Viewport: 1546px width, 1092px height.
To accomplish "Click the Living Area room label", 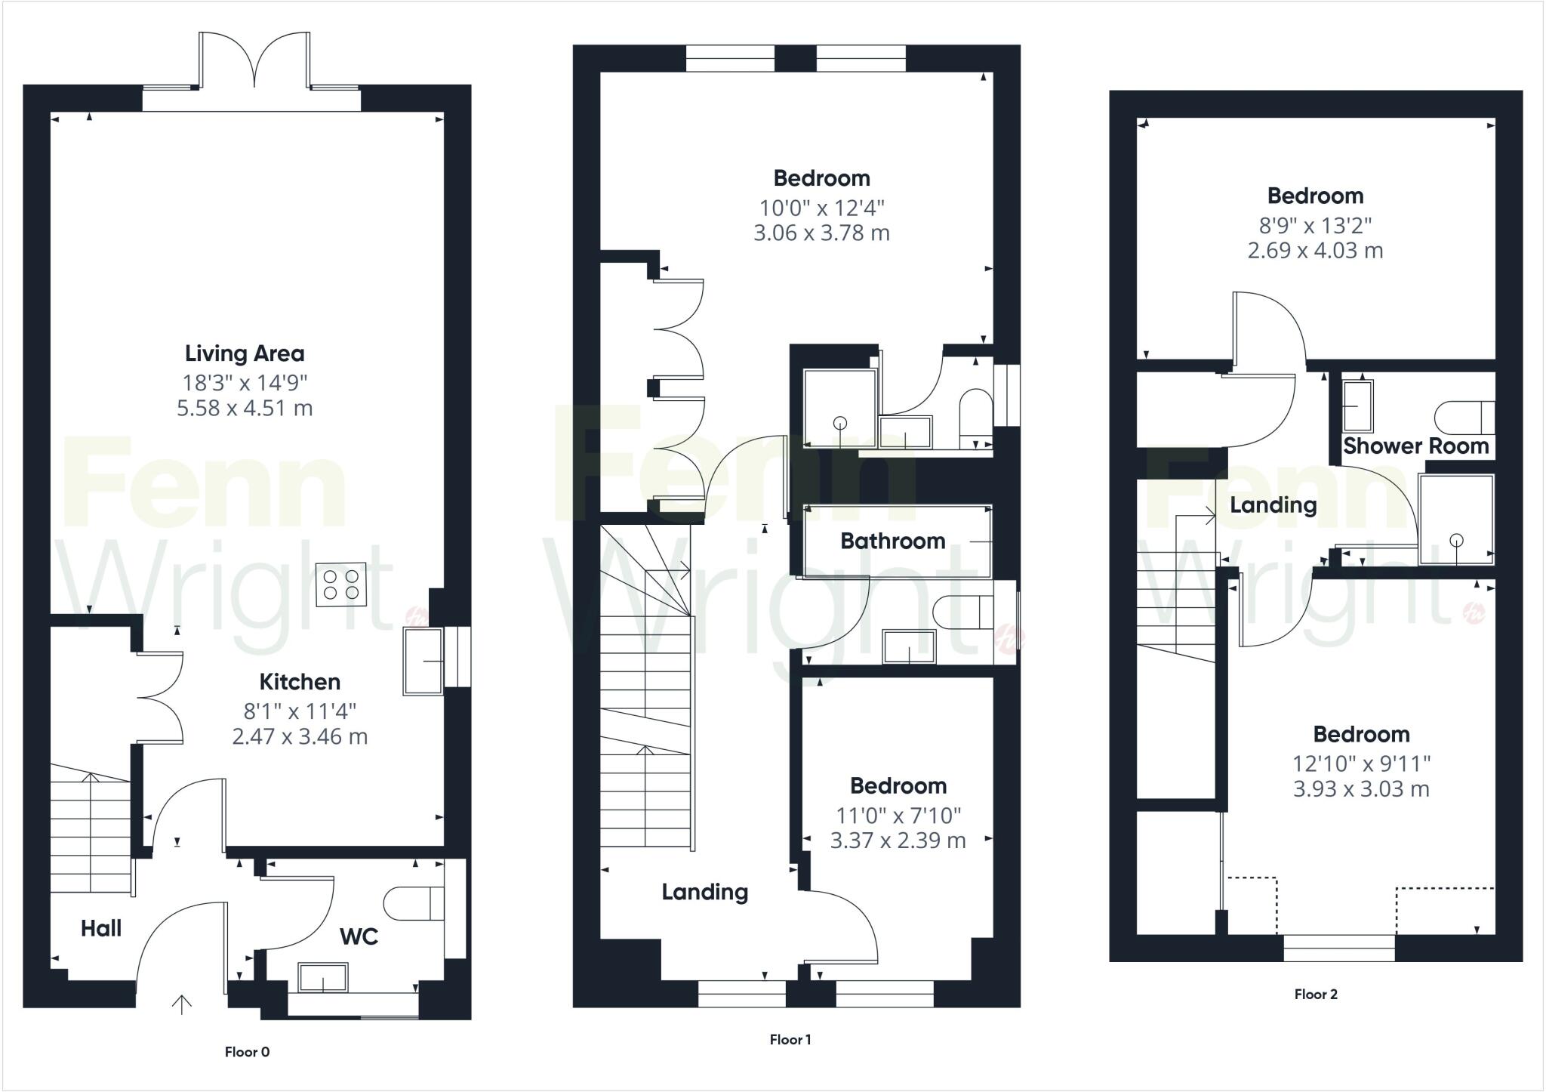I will [x=245, y=353].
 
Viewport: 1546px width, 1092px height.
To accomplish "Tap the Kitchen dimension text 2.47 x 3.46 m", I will [x=300, y=736].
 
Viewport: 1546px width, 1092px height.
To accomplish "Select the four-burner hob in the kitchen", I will [x=341, y=584].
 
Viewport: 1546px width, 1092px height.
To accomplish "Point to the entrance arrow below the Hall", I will [x=182, y=1004].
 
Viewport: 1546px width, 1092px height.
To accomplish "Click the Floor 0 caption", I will [x=247, y=1052].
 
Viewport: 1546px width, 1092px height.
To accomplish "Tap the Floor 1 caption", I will [x=790, y=1040].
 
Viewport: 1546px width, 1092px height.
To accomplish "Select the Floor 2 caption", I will [x=1316, y=995].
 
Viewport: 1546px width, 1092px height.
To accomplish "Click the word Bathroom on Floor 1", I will [x=892, y=541].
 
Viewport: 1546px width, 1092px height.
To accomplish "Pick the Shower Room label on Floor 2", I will [x=1415, y=446].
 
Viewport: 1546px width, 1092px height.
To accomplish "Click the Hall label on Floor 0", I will [x=101, y=928].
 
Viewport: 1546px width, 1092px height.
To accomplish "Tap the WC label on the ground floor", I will [x=359, y=936].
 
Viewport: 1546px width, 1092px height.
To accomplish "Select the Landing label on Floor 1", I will [x=705, y=892].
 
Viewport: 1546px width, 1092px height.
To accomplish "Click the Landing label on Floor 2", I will [x=1273, y=504].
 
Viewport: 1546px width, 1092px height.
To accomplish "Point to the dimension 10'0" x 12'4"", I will [x=821, y=207].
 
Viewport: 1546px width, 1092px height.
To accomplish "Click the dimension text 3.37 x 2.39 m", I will [x=898, y=841].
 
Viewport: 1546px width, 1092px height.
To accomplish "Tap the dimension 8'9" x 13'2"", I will [x=1315, y=225].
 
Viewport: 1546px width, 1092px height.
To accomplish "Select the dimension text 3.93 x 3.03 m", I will [x=1361, y=789].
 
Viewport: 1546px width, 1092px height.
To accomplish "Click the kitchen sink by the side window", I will [x=423, y=662].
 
